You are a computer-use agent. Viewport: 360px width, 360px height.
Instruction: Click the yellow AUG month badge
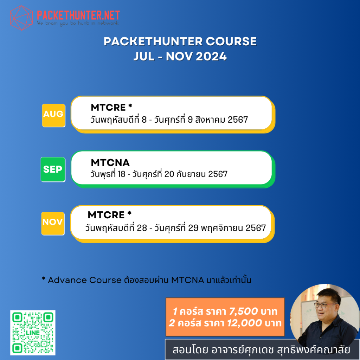(x=53, y=115)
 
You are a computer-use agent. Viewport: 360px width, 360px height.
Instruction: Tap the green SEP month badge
(x=53, y=169)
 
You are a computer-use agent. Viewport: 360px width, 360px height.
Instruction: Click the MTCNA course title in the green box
(x=110, y=162)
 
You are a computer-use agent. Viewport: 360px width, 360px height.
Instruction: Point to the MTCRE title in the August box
(x=108, y=107)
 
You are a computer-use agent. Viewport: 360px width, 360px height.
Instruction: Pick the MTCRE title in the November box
(x=106, y=214)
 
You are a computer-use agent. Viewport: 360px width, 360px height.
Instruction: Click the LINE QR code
(x=33, y=333)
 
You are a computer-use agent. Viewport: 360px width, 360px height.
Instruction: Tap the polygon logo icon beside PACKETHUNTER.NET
(x=22, y=17)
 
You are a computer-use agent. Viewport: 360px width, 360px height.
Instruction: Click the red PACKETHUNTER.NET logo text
(x=78, y=15)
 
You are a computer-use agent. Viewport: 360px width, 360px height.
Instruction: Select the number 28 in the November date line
(x=142, y=228)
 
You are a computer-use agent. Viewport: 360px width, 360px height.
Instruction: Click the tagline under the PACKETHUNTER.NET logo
(x=78, y=23)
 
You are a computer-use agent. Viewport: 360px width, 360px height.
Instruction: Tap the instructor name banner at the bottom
(x=262, y=350)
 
